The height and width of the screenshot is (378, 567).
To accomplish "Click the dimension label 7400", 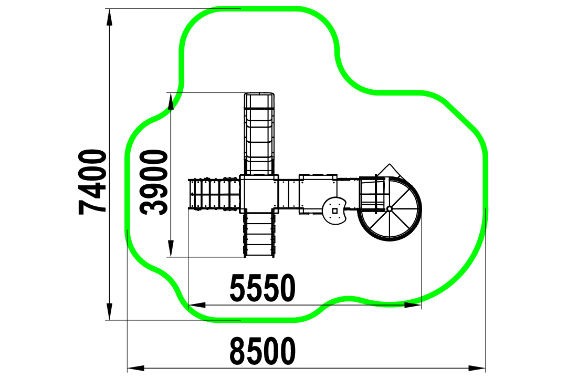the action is tap(92, 182).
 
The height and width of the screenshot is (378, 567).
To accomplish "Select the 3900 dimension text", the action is tap(154, 183).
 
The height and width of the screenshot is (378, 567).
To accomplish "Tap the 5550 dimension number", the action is tap(262, 288).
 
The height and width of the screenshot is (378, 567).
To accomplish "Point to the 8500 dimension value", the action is tap(262, 351).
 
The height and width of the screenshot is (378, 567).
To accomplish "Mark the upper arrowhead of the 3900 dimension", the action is tap(171, 101).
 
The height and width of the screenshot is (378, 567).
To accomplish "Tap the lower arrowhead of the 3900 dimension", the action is tap(171, 249).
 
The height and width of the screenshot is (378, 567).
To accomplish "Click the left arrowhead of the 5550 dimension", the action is tap(197, 305).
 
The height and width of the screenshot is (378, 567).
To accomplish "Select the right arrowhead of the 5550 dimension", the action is tap(413, 305).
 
